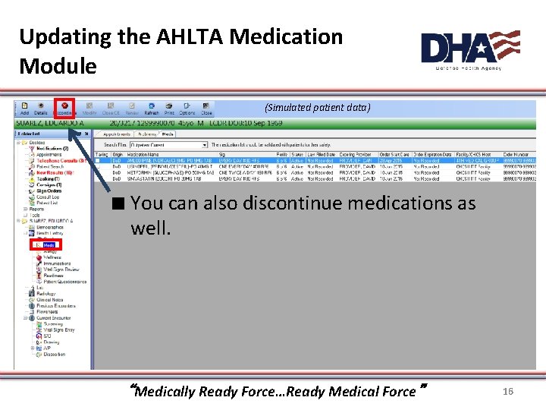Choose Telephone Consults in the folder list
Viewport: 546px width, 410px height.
coord(61,162)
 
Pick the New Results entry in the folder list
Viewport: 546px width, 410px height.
coord(53,172)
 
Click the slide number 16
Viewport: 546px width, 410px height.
coord(508,391)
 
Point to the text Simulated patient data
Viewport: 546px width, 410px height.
coord(318,108)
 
